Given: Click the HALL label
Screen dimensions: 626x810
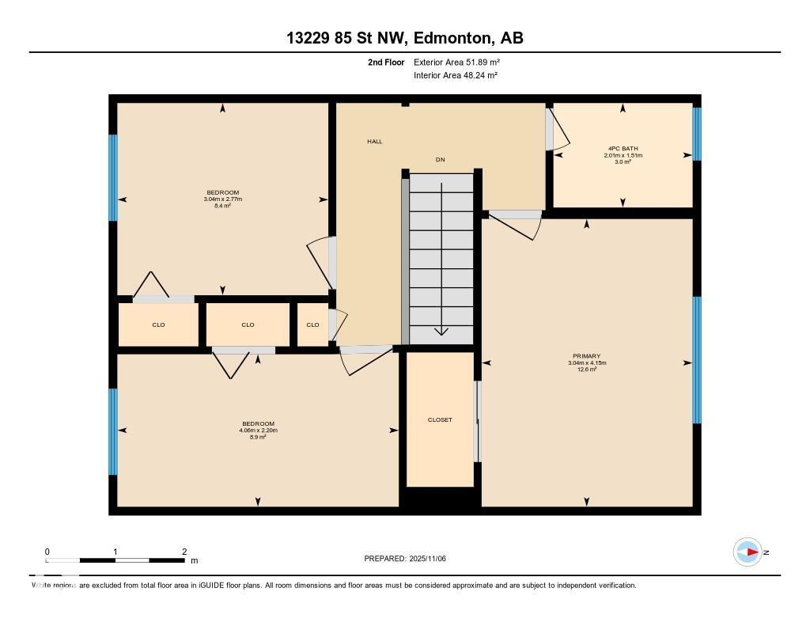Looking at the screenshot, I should (x=374, y=142).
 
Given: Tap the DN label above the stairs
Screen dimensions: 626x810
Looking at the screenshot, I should (x=441, y=160).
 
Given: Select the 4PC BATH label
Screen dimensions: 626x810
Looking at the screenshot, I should (x=623, y=148).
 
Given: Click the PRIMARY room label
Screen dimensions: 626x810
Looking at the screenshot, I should (x=587, y=356).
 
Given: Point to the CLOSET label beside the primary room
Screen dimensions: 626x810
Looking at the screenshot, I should (x=440, y=419).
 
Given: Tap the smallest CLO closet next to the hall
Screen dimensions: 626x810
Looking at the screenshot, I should (x=312, y=324).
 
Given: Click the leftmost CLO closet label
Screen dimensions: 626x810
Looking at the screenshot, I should (x=158, y=324).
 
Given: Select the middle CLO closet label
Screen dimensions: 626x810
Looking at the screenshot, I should (x=248, y=324).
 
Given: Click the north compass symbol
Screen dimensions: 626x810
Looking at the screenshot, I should (x=748, y=552).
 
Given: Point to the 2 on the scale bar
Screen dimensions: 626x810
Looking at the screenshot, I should (x=184, y=552).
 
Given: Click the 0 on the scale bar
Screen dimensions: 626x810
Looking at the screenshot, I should (x=47, y=552).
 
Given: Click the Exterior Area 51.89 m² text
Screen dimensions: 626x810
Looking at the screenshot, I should (x=456, y=62).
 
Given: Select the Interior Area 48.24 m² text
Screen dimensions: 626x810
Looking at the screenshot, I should (x=456, y=75).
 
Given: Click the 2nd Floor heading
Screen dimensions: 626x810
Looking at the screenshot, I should (x=386, y=62).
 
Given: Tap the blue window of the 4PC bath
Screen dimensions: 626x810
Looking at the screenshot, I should (x=697, y=134).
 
